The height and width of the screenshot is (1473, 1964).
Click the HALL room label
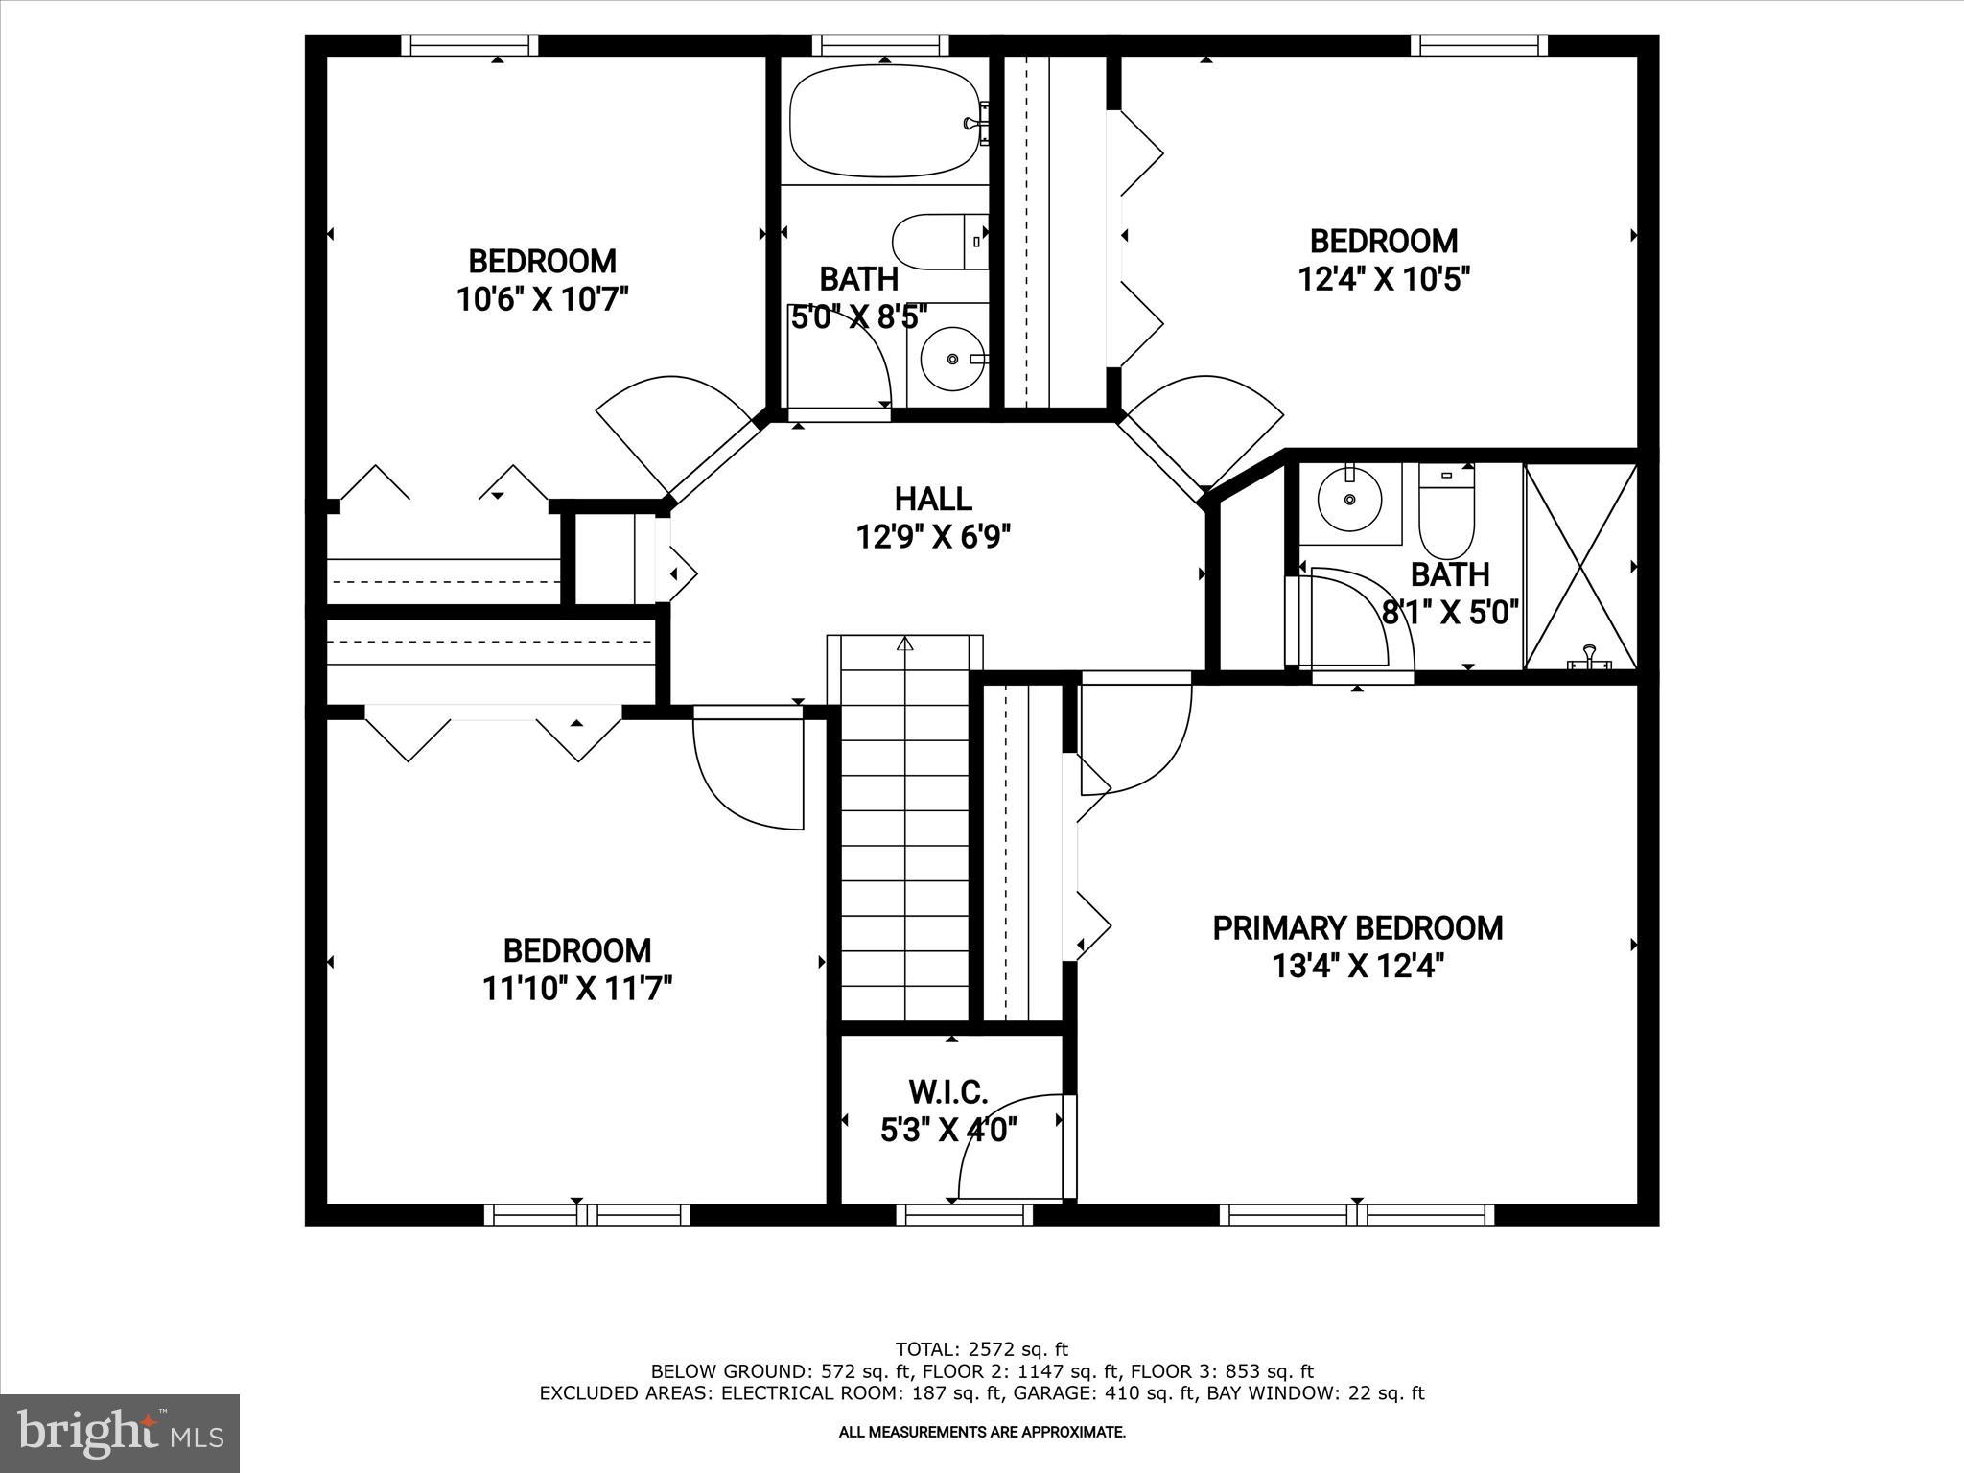(x=932, y=499)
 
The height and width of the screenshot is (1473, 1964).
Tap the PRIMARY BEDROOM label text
(x=1357, y=928)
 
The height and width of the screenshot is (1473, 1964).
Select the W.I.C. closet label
(x=947, y=1091)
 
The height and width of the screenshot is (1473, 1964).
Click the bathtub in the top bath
(x=884, y=121)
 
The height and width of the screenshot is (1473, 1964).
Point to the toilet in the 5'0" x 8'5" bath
(x=938, y=242)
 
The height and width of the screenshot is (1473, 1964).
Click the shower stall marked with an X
(x=1580, y=566)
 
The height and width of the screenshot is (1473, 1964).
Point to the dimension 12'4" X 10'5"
(x=1384, y=279)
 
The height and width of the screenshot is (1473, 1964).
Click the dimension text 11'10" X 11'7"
(x=577, y=989)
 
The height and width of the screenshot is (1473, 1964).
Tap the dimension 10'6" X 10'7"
(x=542, y=299)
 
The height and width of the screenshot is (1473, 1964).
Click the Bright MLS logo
(x=120, y=1433)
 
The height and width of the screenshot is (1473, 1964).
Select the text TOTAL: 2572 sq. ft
(x=981, y=1350)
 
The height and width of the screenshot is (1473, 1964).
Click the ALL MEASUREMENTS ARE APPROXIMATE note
(x=981, y=1433)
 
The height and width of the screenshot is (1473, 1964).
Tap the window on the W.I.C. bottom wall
(x=964, y=1215)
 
